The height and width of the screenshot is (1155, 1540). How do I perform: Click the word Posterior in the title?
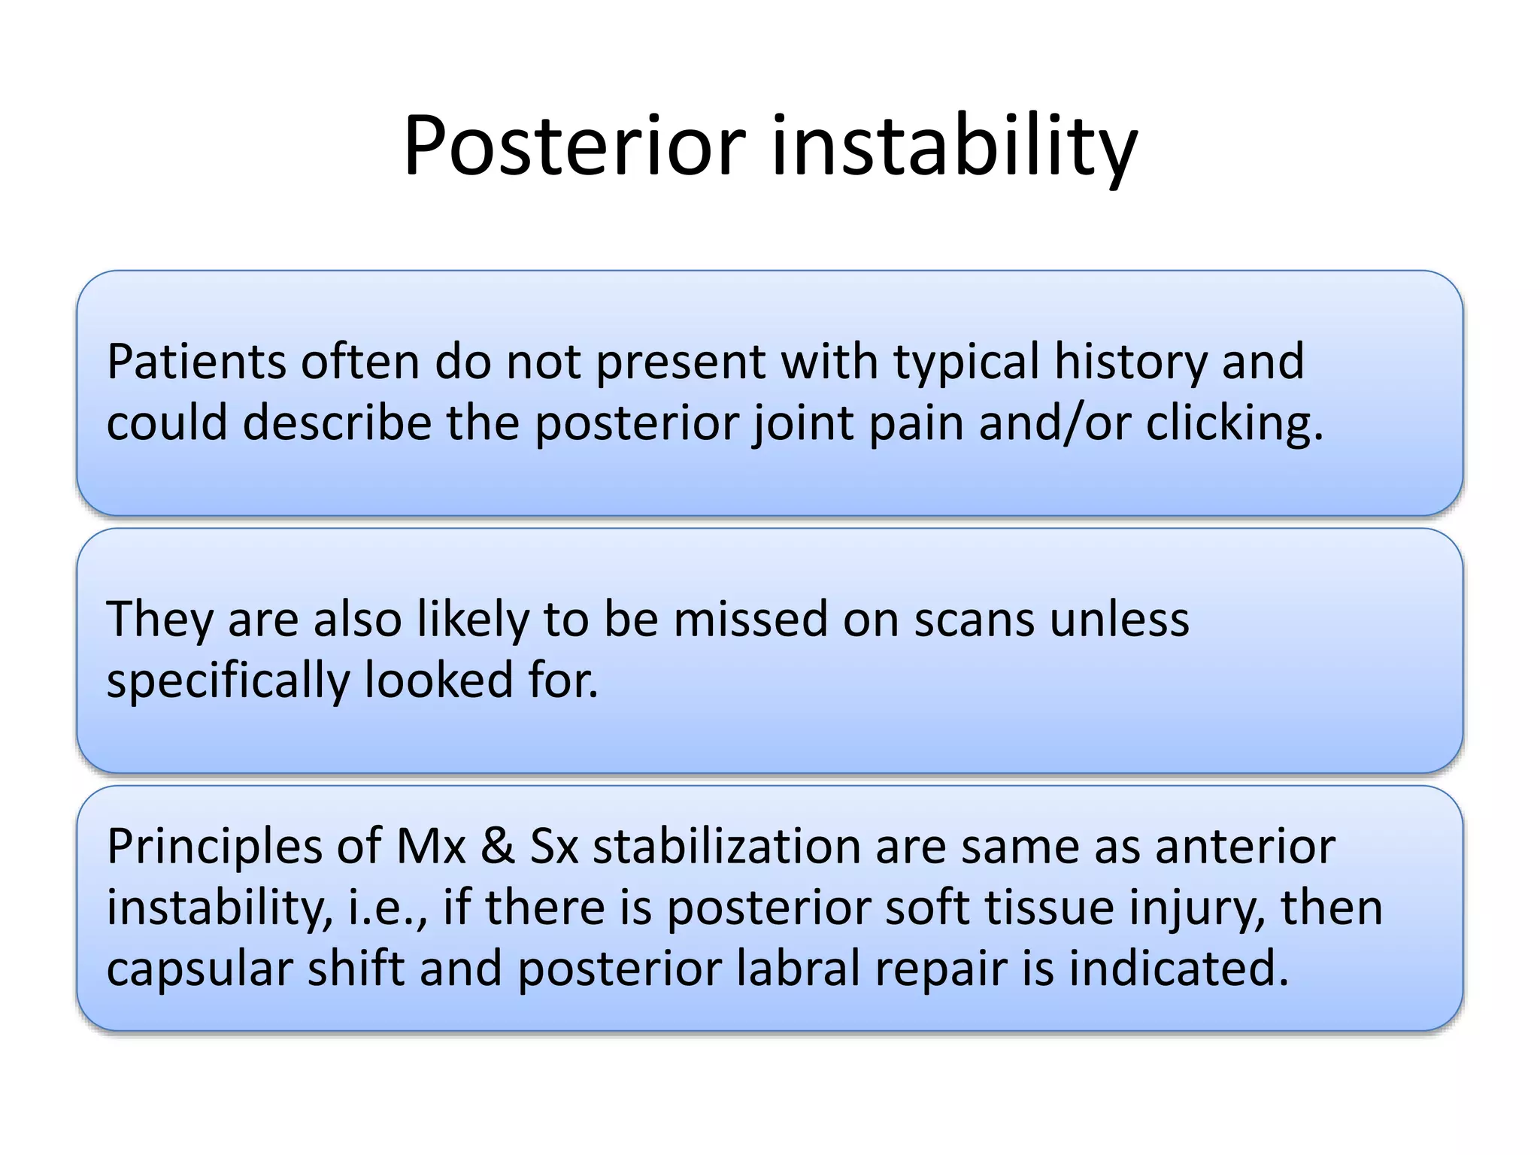(x=574, y=147)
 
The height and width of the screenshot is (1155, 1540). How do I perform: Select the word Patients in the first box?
(x=196, y=362)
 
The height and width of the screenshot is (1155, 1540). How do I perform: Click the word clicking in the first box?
(x=1233, y=424)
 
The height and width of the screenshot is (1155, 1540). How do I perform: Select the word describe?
(x=337, y=423)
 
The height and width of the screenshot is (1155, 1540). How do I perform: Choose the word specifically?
(x=228, y=681)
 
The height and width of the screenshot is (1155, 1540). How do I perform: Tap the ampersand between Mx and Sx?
(x=497, y=847)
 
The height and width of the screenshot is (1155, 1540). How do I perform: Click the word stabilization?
(x=726, y=847)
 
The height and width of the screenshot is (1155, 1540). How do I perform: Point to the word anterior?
(x=1245, y=847)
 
